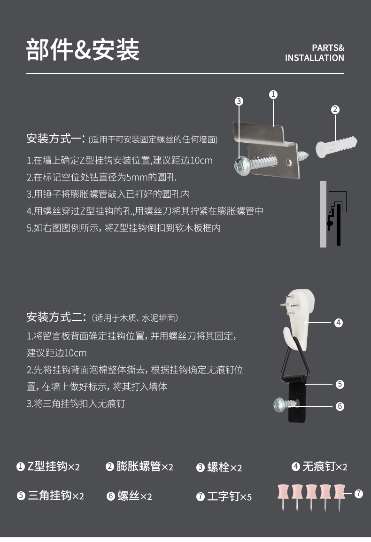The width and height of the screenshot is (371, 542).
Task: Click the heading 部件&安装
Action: pyautogui.click(x=83, y=50)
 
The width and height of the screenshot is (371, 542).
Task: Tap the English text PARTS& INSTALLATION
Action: pyautogui.click(x=314, y=53)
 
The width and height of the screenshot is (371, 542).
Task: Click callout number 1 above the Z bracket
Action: pyautogui.click(x=273, y=94)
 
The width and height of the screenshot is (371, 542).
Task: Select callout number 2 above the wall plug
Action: pyautogui.click(x=335, y=109)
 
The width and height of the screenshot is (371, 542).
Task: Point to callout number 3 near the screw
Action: pyautogui.click(x=239, y=101)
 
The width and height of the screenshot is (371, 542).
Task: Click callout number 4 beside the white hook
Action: pyautogui.click(x=339, y=323)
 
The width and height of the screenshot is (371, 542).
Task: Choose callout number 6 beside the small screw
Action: pyautogui.click(x=340, y=406)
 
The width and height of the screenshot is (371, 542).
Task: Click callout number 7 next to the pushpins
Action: pyautogui.click(x=359, y=494)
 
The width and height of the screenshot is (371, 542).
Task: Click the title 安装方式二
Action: pyautogui.click(x=56, y=317)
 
